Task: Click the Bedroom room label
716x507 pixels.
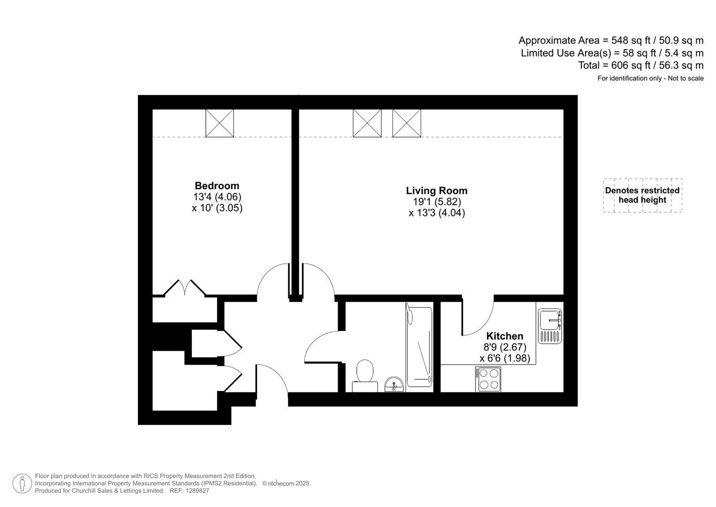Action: click(x=217, y=186)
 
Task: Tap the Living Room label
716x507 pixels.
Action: click(x=437, y=191)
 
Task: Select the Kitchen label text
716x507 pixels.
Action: click(x=505, y=336)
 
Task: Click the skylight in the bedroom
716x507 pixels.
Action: click(x=219, y=123)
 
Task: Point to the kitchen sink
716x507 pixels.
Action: click(x=550, y=326)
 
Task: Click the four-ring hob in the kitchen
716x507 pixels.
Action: click(x=488, y=379)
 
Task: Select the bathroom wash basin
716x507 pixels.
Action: click(x=394, y=384)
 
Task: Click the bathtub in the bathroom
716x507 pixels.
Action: click(x=419, y=347)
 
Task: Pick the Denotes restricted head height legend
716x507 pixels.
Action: click(x=642, y=195)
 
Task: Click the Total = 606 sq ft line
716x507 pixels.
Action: click(x=641, y=65)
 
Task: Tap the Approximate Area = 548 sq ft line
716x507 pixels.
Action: click(x=610, y=40)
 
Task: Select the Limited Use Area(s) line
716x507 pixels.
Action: click(x=612, y=53)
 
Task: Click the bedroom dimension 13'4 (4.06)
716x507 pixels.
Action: click(x=217, y=197)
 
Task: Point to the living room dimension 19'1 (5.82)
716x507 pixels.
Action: click(x=437, y=202)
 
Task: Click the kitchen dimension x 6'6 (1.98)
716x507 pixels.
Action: click(x=505, y=358)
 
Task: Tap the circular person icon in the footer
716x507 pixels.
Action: click(x=22, y=484)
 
